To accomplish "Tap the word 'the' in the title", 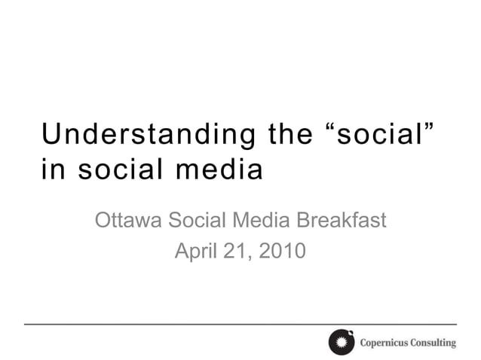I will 289,135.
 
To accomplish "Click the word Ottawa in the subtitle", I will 128,221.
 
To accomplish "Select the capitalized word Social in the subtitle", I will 196,221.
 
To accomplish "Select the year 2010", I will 282,251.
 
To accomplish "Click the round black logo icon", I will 341,343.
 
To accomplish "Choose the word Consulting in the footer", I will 434,343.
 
